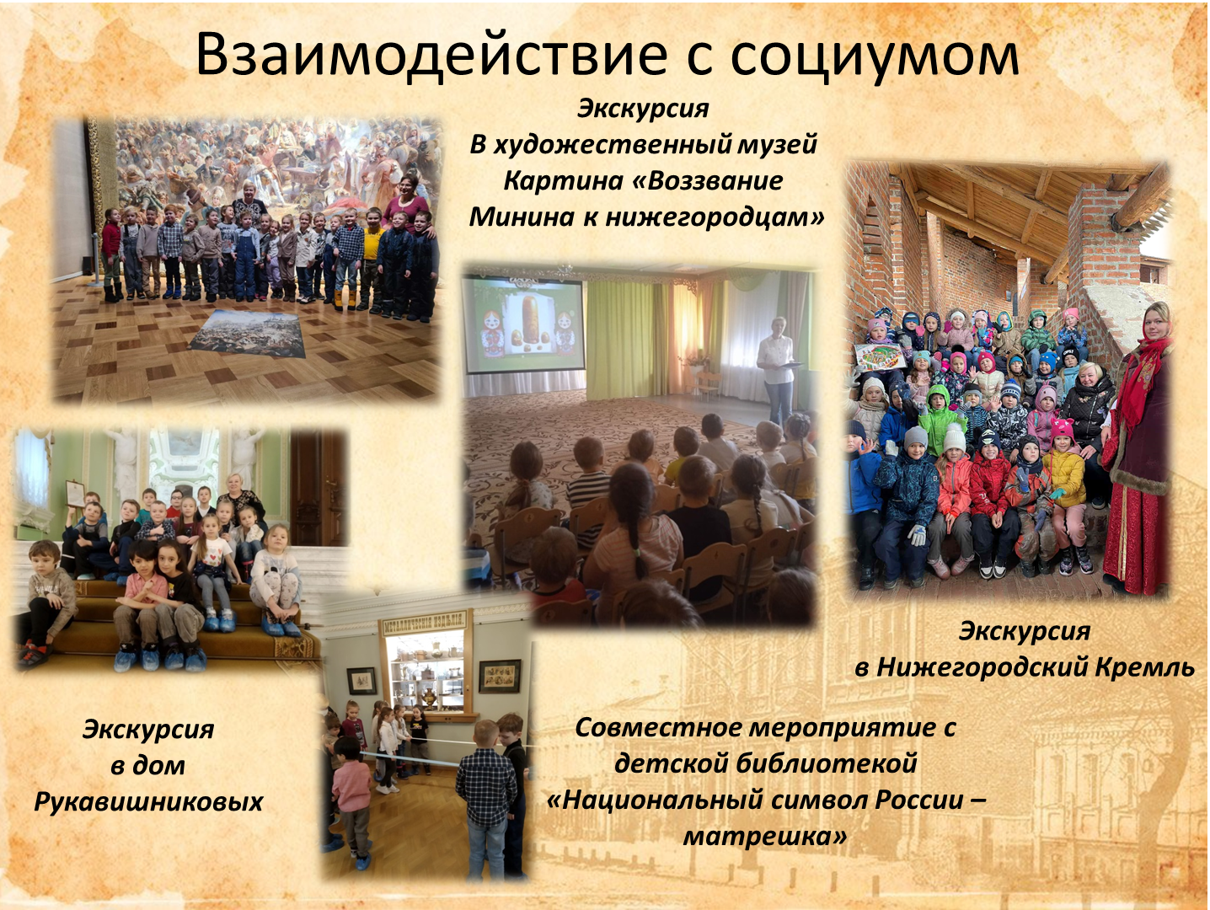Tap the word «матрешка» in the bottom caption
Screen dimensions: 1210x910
click(764, 837)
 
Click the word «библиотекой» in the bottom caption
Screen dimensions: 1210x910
click(813, 763)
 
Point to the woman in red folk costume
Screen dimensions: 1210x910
click(1137, 447)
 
